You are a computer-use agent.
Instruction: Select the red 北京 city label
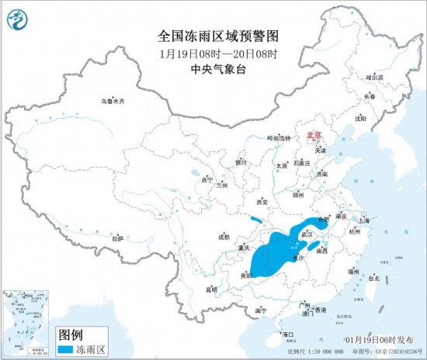click(314, 133)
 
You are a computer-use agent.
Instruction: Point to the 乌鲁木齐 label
click(112, 101)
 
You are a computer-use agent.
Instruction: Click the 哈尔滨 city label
click(374, 78)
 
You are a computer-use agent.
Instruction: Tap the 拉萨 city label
click(117, 238)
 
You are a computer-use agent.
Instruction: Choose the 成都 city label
click(224, 237)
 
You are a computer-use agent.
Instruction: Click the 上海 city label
click(370, 220)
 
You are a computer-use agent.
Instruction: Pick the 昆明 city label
click(212, 289)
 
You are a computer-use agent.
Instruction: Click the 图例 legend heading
click(71, 334)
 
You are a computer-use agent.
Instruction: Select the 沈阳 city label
click(359, 119)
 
